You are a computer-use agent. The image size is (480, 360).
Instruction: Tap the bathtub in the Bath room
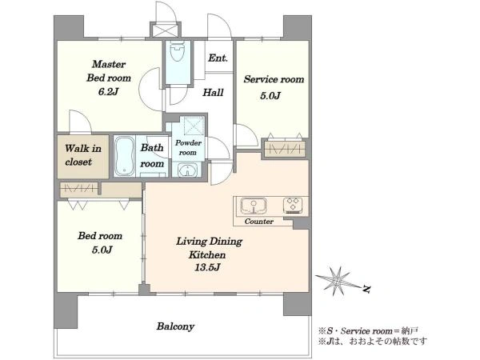[x=124, y=156]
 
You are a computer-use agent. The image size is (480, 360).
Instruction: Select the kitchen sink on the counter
[x=253, y=206]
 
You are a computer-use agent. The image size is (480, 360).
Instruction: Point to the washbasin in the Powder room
[x=188, y=170]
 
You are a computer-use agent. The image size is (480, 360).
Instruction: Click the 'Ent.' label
[x=218, y=58]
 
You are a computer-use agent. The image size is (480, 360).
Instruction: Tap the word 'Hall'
[x=213, y=92]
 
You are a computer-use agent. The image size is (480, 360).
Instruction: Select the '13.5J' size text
[x=207, y=267]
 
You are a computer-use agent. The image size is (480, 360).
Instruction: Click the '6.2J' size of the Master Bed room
[x=108, y=91]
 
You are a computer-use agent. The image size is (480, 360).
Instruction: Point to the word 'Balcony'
[x=175, y=326]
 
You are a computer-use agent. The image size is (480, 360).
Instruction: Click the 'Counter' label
[x=259, y=222]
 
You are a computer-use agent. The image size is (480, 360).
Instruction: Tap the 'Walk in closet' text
[x=82, y=155]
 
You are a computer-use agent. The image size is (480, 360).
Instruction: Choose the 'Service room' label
[x=274, y=79]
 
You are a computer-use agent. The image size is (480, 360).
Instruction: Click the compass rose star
[x=337, y=281]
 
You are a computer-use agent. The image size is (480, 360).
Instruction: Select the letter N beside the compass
[x=366, y=288]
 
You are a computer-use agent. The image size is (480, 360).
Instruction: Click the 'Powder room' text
[x=188, y=147]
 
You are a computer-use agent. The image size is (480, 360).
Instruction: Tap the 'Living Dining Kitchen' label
[x=209, y=248]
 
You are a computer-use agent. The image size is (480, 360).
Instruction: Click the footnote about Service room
[x=369, y=331]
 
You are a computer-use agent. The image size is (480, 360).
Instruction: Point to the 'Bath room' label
[x=152, y=155]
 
